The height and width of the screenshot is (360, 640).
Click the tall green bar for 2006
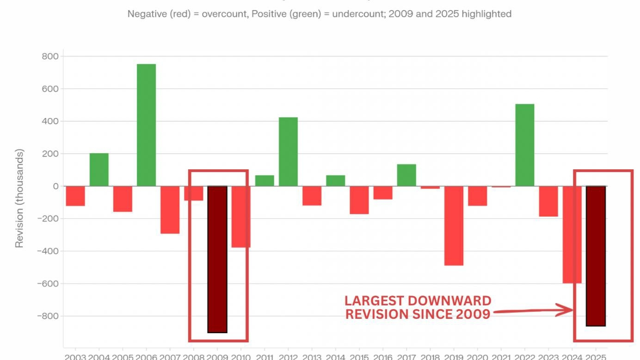point(146,125)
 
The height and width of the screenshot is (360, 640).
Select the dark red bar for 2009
point(217,259)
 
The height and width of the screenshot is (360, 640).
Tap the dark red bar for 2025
point(596,256)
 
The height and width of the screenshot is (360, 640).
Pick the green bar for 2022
point(525,145)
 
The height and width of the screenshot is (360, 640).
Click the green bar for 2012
point(288,152)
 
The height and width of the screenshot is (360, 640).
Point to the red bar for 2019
point(454,225)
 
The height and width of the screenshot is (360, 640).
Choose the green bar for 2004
point(99,169)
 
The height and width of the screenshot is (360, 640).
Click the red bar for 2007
point(170,210)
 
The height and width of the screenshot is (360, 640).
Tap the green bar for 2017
point(406,175)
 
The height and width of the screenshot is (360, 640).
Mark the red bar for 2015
point(359,200)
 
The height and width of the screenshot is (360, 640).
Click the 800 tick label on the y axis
point(49,56)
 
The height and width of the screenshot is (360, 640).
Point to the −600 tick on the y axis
point(46,284)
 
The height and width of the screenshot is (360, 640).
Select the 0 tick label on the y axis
point(55,186)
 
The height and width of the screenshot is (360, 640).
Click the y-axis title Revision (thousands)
point(19,198)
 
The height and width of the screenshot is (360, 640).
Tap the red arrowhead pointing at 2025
point(566,310)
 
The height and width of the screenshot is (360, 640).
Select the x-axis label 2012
point(288,357)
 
